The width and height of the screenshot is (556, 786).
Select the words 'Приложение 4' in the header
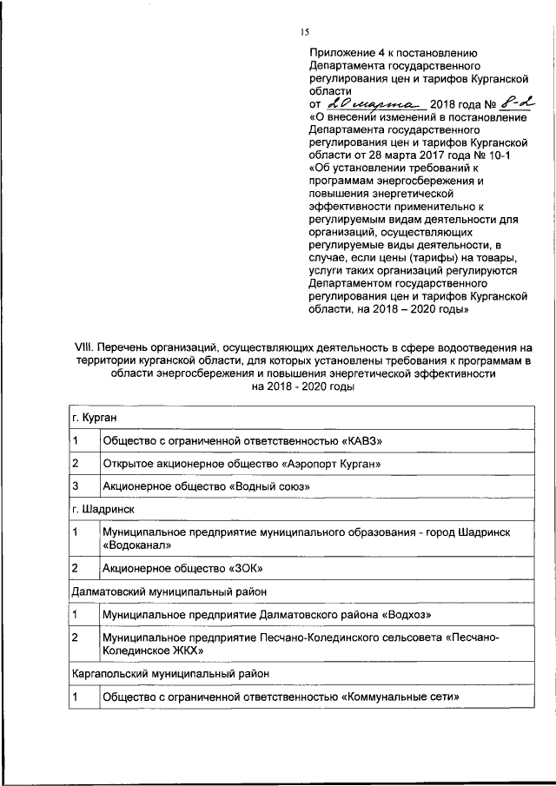[x=347, y=52]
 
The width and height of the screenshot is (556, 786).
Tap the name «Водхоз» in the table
[x=407, y=615]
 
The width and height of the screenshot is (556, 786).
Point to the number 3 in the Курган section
[x=76, y=485]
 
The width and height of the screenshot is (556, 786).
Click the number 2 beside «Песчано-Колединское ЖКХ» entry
[x=76, y=637]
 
